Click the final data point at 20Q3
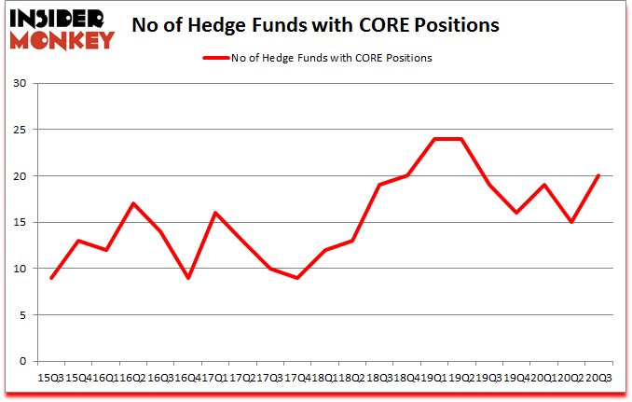click(598, 176)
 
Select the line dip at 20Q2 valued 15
click(570, 222)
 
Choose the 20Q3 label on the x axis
click(598, 377)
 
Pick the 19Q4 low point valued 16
click(516, 214)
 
